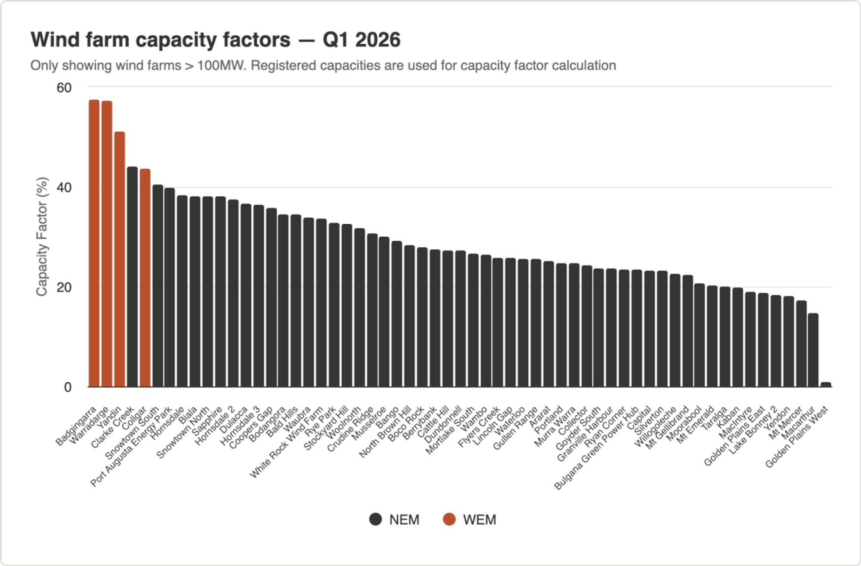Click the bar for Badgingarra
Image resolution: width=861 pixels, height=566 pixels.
94,243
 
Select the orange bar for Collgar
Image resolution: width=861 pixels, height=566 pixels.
145,278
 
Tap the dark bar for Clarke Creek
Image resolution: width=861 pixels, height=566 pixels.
132,277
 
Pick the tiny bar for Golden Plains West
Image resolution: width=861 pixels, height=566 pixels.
825,384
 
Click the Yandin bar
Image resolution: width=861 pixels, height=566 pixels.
119,260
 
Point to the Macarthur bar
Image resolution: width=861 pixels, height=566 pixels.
813,350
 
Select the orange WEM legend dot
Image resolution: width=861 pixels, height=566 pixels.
449,520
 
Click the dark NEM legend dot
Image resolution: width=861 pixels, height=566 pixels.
375,520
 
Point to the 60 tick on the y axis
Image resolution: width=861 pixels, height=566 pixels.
64,88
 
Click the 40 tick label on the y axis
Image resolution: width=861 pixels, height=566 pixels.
64,188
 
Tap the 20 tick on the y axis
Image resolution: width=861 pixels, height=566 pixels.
64,288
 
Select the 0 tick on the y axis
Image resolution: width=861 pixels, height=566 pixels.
68,387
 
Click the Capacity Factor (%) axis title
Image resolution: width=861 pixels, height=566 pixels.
42,237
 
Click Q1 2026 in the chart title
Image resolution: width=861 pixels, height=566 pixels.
362,40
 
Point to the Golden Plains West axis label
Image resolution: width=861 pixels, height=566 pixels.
796,437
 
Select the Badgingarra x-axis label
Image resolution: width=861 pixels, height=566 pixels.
76,426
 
